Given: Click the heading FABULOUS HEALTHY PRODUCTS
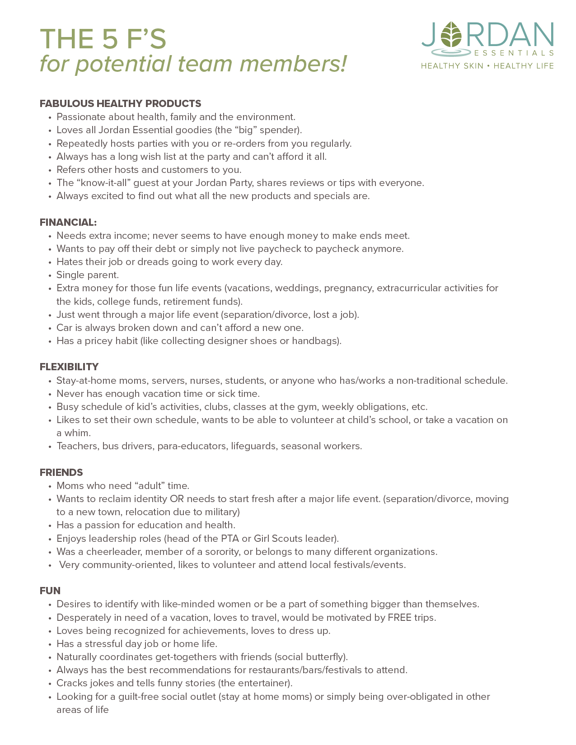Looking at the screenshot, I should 120,103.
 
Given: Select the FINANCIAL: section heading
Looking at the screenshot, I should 68,222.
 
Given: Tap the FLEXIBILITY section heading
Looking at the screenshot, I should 69,367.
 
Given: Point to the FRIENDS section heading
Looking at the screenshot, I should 61,472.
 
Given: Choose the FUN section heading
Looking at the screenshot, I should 50,591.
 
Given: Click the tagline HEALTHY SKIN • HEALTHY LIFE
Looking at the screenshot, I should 487,66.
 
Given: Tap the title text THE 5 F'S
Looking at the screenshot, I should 103,39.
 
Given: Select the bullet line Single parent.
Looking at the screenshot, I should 88,275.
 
